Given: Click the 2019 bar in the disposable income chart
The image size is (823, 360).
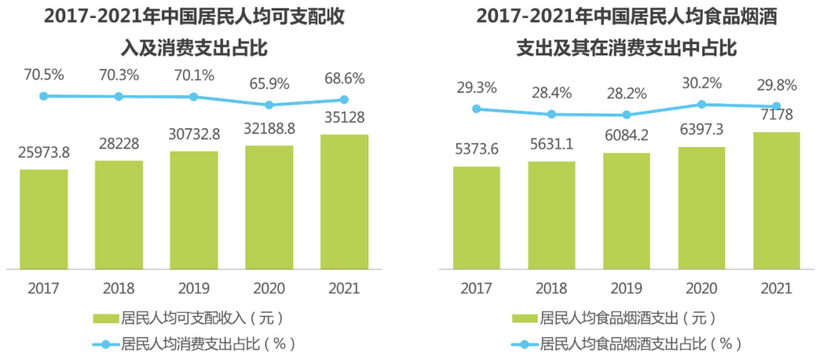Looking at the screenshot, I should [194, 210].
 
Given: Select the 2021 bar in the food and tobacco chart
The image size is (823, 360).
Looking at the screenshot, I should [776, 200].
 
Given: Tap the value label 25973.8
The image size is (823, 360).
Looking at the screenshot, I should [44, 153].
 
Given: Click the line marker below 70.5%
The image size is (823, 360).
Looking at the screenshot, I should [44, 96].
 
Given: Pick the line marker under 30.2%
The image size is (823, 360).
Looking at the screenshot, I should [701, 104].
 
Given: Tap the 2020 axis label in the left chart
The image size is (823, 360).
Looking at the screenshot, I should [269, 288].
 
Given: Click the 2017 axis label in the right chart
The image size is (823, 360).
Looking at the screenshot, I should [476, 288].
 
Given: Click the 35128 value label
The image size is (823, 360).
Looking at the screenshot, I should [344, 118].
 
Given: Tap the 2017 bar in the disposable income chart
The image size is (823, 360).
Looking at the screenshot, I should [44, 219].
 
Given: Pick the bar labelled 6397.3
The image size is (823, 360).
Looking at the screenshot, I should [701, 208].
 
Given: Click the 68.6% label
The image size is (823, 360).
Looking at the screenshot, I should [344, 78].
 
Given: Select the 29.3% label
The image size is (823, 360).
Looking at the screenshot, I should [476, 88].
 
